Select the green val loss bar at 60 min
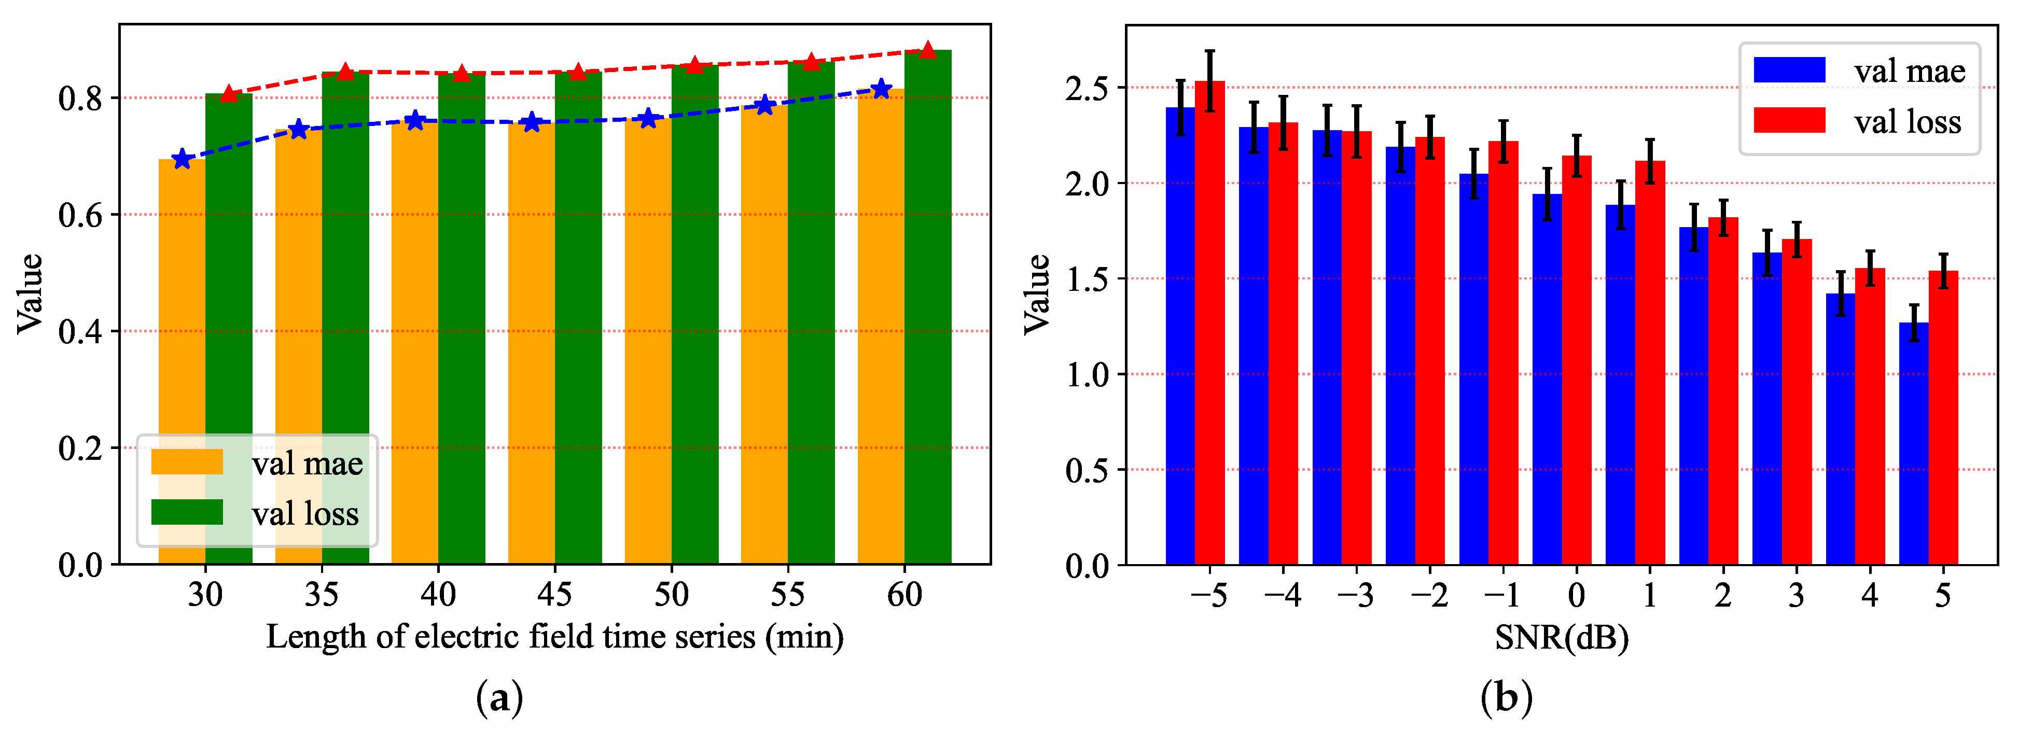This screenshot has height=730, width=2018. point(927,313)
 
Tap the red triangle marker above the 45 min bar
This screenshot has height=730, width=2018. point(577,72)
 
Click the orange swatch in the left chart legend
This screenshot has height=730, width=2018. point(186,462)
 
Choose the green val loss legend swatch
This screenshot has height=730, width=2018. point(186,512)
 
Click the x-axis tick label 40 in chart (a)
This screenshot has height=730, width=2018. point(438,595)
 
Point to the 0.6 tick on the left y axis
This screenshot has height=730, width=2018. point(80,215)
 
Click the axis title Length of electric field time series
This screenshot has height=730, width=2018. point(554,637)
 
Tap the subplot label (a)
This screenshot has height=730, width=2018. point(499,697)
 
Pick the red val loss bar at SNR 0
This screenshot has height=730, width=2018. point(1576,360)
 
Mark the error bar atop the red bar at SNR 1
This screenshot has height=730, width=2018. point(1650,161)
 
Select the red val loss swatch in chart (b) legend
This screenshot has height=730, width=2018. point(1789,121)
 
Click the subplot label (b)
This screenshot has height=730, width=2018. point(1506,697)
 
